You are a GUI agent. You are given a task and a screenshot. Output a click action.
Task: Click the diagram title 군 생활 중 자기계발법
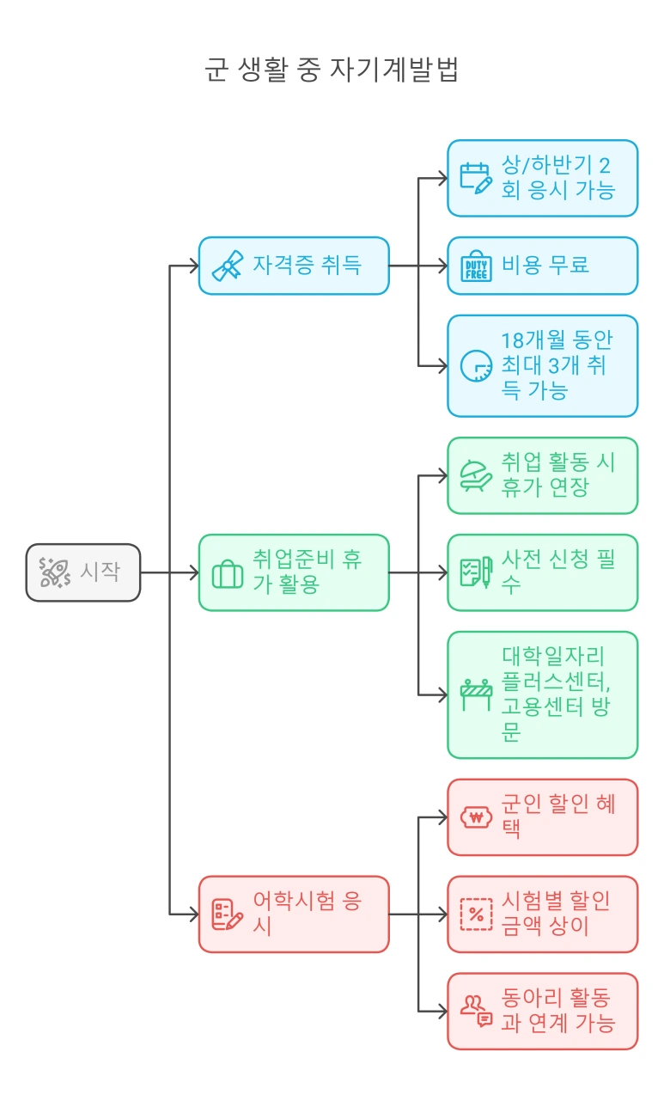click(332, 70)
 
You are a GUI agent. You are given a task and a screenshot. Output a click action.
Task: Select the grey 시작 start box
click(83, 572)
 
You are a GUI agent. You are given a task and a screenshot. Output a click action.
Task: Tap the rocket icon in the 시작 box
click(54, 572)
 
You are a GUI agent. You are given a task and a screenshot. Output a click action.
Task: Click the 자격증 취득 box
click(294, 266)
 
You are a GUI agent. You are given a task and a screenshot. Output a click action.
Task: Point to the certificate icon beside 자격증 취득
click(228, 266)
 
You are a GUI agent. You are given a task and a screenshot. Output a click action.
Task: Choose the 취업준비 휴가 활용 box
click(294, 572)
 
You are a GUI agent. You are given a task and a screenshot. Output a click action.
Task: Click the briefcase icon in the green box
click(228, 573)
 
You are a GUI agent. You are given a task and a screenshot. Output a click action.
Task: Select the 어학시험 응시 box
click(294, 914)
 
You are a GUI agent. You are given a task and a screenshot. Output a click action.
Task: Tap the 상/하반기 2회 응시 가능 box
click(542, 178)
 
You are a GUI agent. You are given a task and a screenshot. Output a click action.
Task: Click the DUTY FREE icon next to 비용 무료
click(476, 266)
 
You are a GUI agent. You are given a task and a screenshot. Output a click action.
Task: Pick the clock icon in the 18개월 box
click(476, 365)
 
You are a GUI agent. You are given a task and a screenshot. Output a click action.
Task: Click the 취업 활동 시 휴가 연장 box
click(542, 475)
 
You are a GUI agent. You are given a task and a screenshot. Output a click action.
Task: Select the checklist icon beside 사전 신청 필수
click(476, 572)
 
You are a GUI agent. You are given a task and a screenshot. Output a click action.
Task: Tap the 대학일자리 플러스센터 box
click(542, 694)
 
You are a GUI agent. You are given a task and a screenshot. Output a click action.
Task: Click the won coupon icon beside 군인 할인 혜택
click(476, 817)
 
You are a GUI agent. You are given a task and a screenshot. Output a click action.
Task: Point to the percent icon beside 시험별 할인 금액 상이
click(476, 914)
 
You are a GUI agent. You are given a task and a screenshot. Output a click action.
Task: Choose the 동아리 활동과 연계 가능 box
click(542, 1011)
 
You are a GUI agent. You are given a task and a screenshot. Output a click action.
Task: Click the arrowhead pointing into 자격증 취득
click(194, 266)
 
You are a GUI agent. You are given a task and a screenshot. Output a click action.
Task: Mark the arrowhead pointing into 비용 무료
click(442, 266)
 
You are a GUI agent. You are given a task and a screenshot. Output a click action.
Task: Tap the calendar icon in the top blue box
click(476, 178)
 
